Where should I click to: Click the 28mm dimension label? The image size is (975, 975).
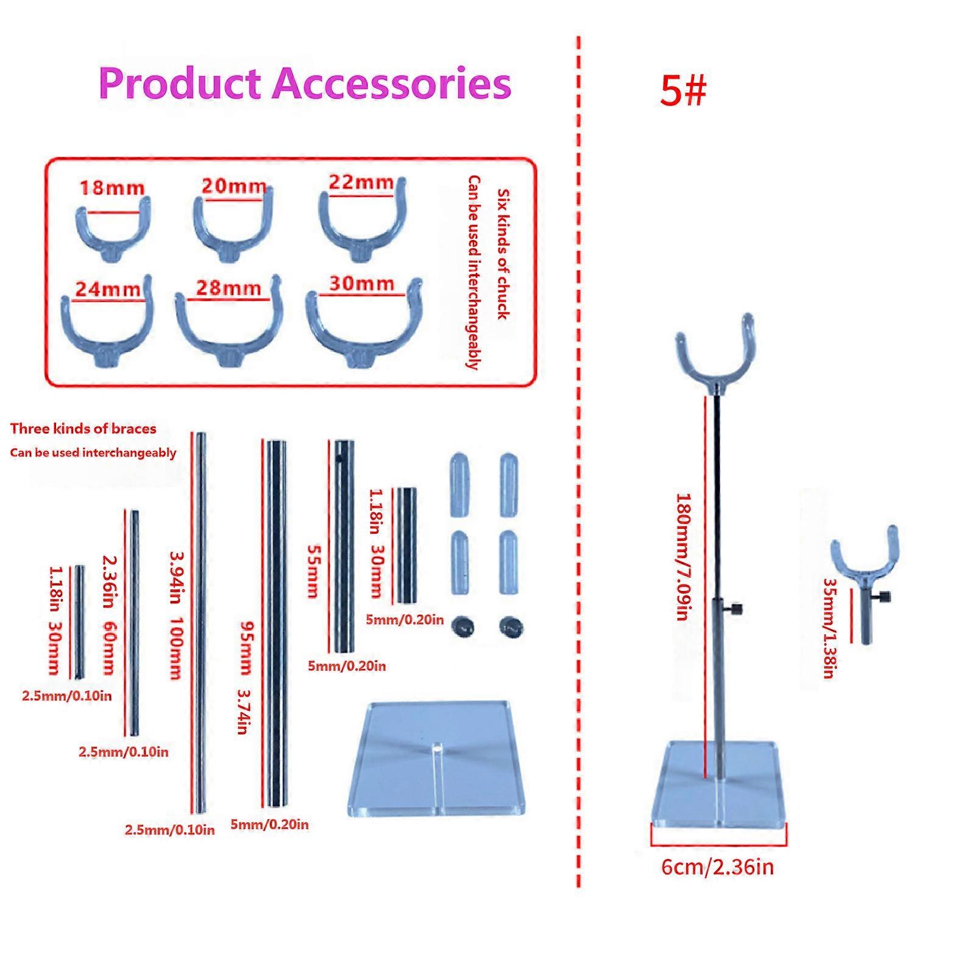click(229, 288)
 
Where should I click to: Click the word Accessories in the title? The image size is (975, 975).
click(392, 84)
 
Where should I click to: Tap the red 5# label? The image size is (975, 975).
click(682, 91)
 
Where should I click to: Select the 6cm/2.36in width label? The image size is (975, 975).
click(717, 867)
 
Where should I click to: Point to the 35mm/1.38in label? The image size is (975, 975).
click(829, 627)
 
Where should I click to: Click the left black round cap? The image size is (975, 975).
click(463, 626)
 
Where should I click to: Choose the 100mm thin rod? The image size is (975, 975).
click(200, 623)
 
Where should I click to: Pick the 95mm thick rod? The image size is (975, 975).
click(277, 622)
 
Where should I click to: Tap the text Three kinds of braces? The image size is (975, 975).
click(83, 428)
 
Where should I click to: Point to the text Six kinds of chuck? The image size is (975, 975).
click(503, 253)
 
